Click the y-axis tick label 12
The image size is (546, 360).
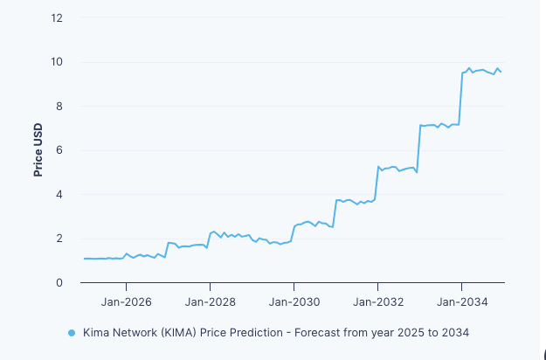(x=57, y=17)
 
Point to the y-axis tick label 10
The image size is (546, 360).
(x=57, y=62)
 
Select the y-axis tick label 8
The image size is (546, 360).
(x=59, y=107)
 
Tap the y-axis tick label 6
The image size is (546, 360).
(x=59, y=150)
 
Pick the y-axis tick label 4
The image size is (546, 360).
(x=59, y=195)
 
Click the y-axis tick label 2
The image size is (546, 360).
(x=59, y=239)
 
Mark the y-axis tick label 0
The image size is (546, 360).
(x=59, y=283)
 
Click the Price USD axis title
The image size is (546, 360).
(x=38, y=150)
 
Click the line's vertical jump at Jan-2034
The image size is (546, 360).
(x=461, y=99)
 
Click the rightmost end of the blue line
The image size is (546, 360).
(x=501, y=72)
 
